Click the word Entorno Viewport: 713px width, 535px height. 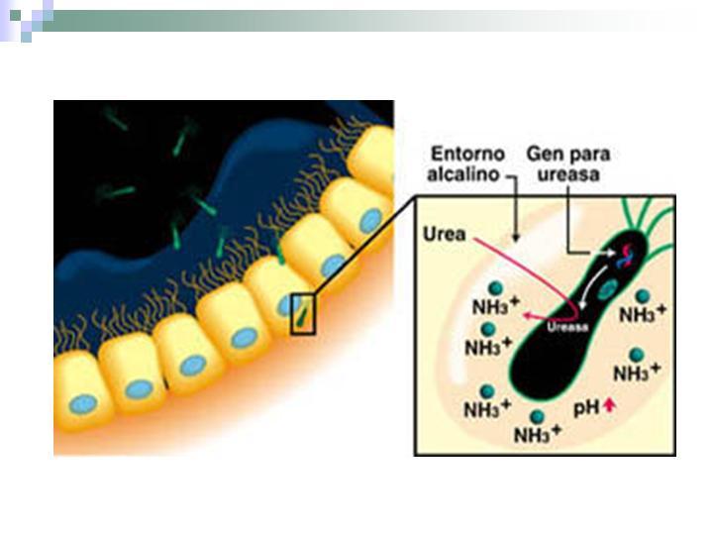click(x=467, y=154)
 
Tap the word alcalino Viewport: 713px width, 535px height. click(x=463, y=174)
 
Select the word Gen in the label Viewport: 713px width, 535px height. click(x=542, y=154)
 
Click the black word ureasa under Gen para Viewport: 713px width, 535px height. click(x=568, y=174)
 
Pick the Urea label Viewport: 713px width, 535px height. click(x=445, y=234)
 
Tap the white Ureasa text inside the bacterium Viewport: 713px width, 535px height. click(x=567, y=326)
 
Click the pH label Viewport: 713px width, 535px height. click(x=586, y=408)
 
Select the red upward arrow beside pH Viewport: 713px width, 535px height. click(x=609, y=405)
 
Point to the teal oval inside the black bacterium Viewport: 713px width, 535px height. click(x=607, y=290)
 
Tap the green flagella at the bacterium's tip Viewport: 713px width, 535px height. click(x=651, y=223)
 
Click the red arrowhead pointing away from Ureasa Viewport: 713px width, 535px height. click(x=528, y=315)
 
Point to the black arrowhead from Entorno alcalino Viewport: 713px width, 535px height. click(x=515, y=238)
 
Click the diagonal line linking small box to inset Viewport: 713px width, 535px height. click(x=364, y=246)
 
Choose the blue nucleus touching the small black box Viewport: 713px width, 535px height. click(x=285, y=305)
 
